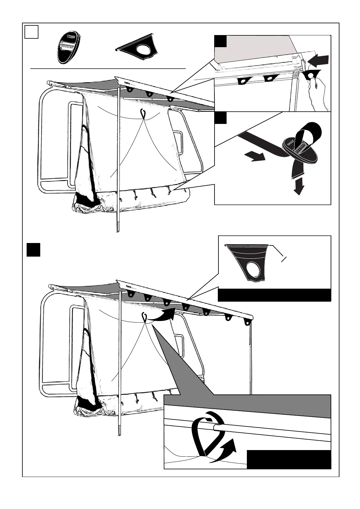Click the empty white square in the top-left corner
(31, 32)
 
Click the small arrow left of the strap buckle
(255, 157)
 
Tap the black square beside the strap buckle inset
(221, 118)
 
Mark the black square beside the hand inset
(221, 41)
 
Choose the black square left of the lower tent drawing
(33, 250)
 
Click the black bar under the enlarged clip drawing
(274, 295)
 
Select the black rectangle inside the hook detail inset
(289, 459)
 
